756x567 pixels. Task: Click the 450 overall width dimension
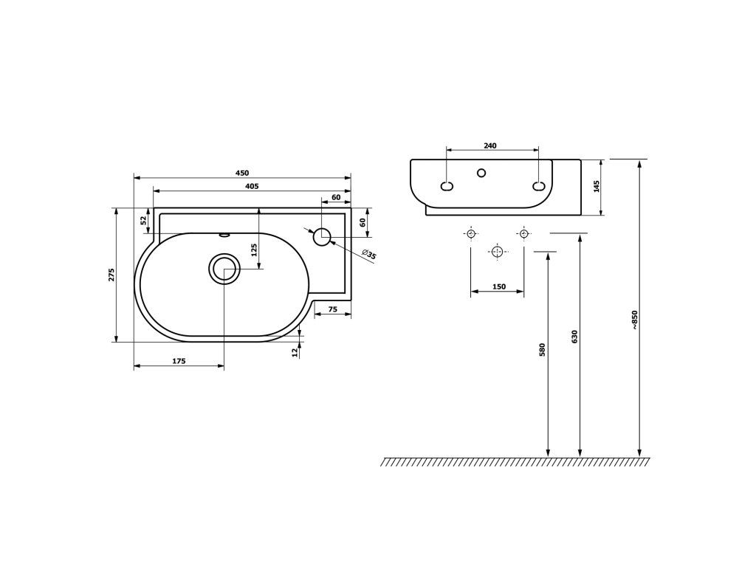pyautogui.click(x=241, y=173)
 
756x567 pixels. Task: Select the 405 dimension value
pyautogui.click(x=251, y=186)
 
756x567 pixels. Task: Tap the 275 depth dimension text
pyautogui.click(x=111, y=275)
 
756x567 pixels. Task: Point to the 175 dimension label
pyautogui.click(x=178, y=361)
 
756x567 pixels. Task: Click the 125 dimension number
pyautogui.click(x=254, y=249)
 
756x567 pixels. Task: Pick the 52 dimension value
pyautogui.click(x=144, y=220)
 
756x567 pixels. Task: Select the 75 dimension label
pyautogui.click(x=332, y=310)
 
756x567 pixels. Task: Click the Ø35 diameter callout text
pyautogui.click(x=369, y=255)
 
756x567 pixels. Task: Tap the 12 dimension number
pyautogui.click(x=295, y=351)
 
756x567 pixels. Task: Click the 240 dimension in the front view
pyautogui.click(x=489, y=145)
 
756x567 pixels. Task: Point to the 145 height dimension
pyautogui.click(x=597, y=186)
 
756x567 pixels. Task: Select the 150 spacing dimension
pyautogui.click(x=498, y=287)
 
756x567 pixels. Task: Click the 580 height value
pyautogui.click(x=542, y=349)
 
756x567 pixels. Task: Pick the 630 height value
pyautogui.click(x=574, y=337)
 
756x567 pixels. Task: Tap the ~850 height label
pyautogui.click(x=633, y=319)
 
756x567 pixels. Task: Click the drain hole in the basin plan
pyautogui.click(x=224, y=269)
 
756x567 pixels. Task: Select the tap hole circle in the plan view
pyautogui.click(x=322, y=237)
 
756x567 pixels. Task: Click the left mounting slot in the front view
pyautogui.click(x=447, y=186)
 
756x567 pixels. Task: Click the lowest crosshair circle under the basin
pyautogui.click(x=498, y=252)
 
